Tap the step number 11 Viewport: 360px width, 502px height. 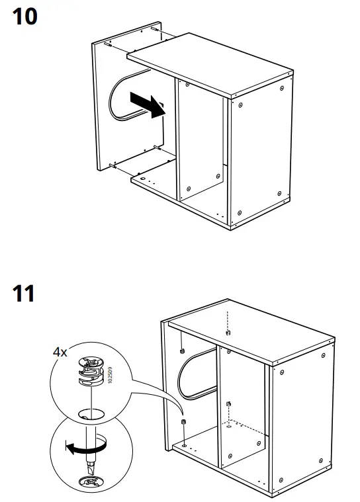tap(24, 293)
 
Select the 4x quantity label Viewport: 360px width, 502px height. tap(60, 353)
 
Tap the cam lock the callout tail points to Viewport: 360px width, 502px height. tap(183, 421)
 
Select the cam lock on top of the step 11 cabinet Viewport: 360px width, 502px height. tap(227, 332)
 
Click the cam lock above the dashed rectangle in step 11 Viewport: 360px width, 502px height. tap(228, 404)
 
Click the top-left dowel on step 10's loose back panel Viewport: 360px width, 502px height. tap(107, 44)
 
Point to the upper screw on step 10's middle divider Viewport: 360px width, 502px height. tap(188, 86)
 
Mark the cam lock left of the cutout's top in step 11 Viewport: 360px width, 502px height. tap(181, 351)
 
